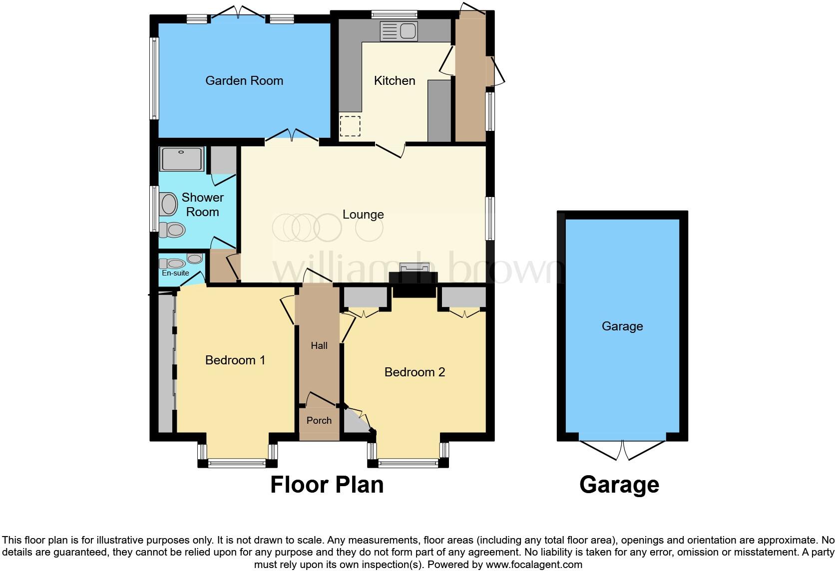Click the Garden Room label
pos(244,80)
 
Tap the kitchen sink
pos(398,31)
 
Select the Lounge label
pos(363,215)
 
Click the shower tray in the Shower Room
pos(181,159)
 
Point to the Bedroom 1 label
pos(235,360)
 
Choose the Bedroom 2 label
pos(415,372)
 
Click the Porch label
pos(319,421)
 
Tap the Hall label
pos(319,345)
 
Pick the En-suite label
pos(175,273)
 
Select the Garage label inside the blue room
pos(622,326)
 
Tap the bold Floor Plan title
pos(327,485)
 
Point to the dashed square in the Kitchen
pos(350,126)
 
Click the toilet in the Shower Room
pos(173,230)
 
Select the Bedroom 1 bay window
pos(237,463)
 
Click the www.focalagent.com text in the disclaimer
pos(534,565)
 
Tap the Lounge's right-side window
pos(490,219)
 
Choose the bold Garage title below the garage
pos(619,485)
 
